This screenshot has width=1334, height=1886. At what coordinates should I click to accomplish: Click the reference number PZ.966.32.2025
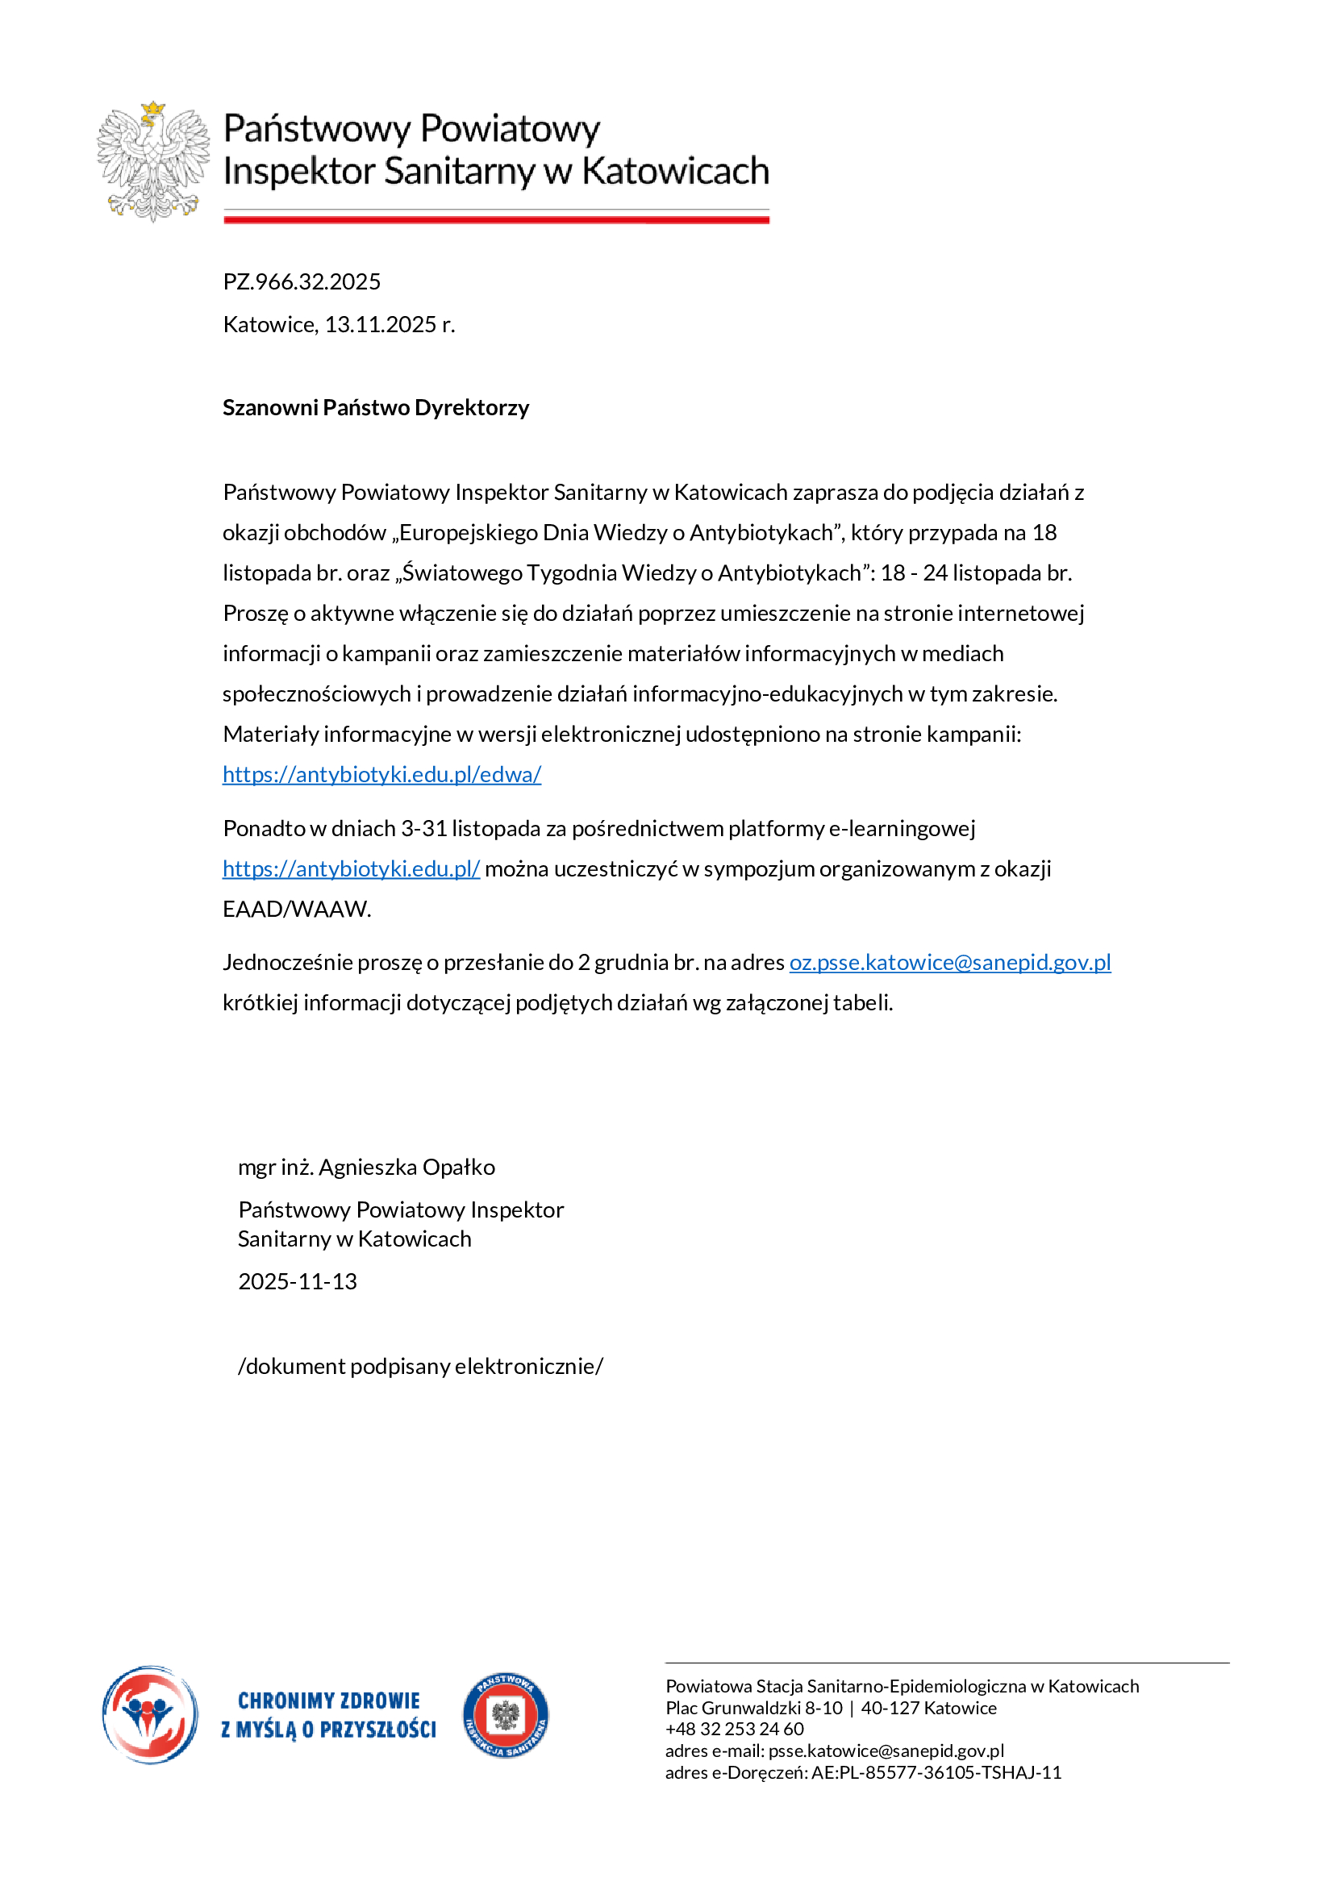(302, 281)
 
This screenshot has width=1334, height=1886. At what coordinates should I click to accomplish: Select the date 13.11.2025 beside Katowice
(381, 324)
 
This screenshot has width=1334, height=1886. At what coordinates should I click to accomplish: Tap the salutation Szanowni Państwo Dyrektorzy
(375, 407)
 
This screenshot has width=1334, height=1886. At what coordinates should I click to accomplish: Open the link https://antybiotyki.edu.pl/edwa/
(382, 774)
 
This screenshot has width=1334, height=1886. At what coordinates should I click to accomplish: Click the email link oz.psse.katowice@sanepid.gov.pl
(949, 962)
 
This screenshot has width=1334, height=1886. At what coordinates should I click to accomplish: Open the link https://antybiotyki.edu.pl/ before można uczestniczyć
(351, 868)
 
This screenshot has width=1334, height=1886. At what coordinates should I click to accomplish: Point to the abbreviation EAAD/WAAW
(297, 909)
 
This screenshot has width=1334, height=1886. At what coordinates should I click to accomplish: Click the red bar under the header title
(496, 219)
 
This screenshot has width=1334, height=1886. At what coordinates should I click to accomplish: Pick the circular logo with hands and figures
(150, 1714)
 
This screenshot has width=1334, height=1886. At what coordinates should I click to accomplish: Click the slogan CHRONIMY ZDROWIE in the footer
(328, 1700)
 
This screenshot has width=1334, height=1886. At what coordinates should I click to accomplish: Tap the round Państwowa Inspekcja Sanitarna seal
(505, 1715)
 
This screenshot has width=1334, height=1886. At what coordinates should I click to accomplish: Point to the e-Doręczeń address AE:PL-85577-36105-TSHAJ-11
(936, 1772)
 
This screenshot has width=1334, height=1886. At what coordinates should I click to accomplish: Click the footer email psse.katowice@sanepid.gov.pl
(886, 1751)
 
